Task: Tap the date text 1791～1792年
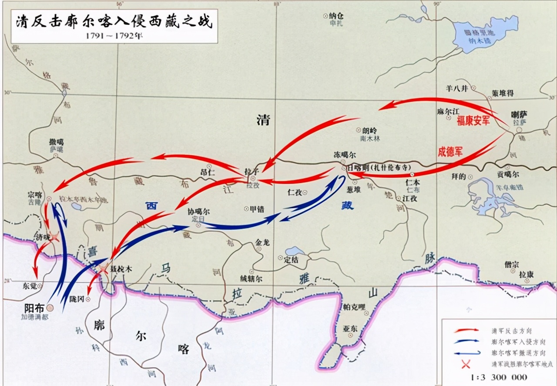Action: point(114,36)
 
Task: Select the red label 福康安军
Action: point(473,121)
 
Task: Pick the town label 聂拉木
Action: point(121,269)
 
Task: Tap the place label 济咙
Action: point(39,237)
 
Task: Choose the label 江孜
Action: point(410,198)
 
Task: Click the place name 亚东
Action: point(351,329)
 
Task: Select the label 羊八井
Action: point(456,88)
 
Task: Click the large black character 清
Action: point(263,120)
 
